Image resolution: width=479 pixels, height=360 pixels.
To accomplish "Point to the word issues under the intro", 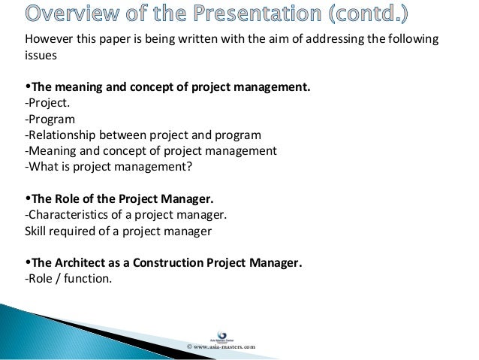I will (41, 56).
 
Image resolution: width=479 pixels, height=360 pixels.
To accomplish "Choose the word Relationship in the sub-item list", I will (64, 135).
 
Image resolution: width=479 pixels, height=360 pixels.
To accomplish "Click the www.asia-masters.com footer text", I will (221, 346).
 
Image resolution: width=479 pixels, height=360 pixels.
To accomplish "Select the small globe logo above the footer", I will (221, 334).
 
